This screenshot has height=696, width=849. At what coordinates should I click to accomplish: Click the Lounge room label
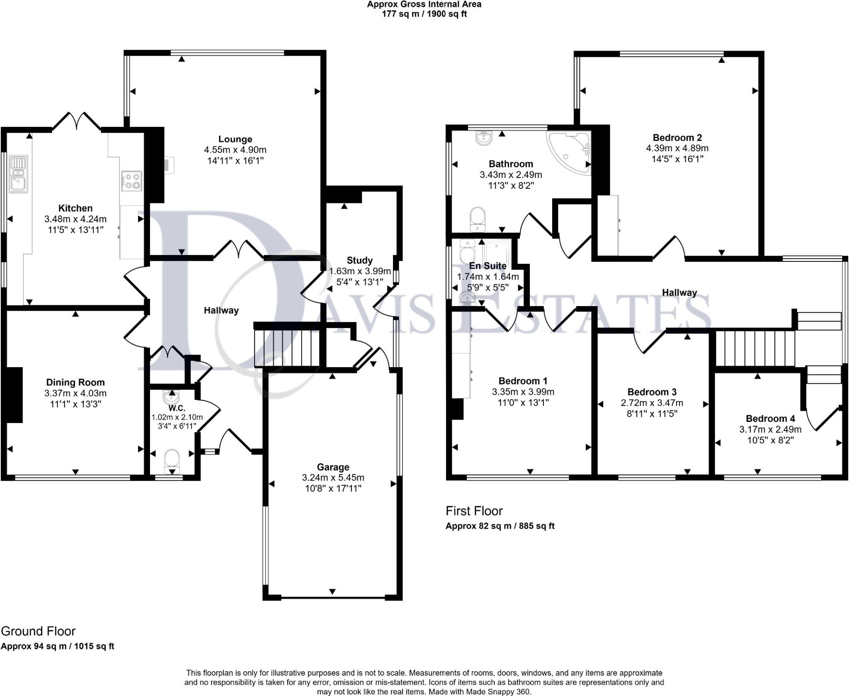235,139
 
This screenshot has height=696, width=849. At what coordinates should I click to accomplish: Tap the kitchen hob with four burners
131,181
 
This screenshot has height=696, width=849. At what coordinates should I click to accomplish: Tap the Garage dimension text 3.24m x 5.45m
333,477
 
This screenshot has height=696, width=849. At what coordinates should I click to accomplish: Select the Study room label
359,260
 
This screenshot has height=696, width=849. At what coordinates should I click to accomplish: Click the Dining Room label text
75,382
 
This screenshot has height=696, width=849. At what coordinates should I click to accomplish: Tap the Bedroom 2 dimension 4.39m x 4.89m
677,148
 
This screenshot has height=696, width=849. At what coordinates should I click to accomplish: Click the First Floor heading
474,511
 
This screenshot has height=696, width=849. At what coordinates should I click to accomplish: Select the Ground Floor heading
38,631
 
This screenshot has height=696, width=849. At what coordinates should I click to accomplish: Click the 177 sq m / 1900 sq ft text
424,14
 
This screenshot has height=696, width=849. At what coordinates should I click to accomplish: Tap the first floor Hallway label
679,292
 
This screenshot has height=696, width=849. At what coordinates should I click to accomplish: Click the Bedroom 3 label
652,392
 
